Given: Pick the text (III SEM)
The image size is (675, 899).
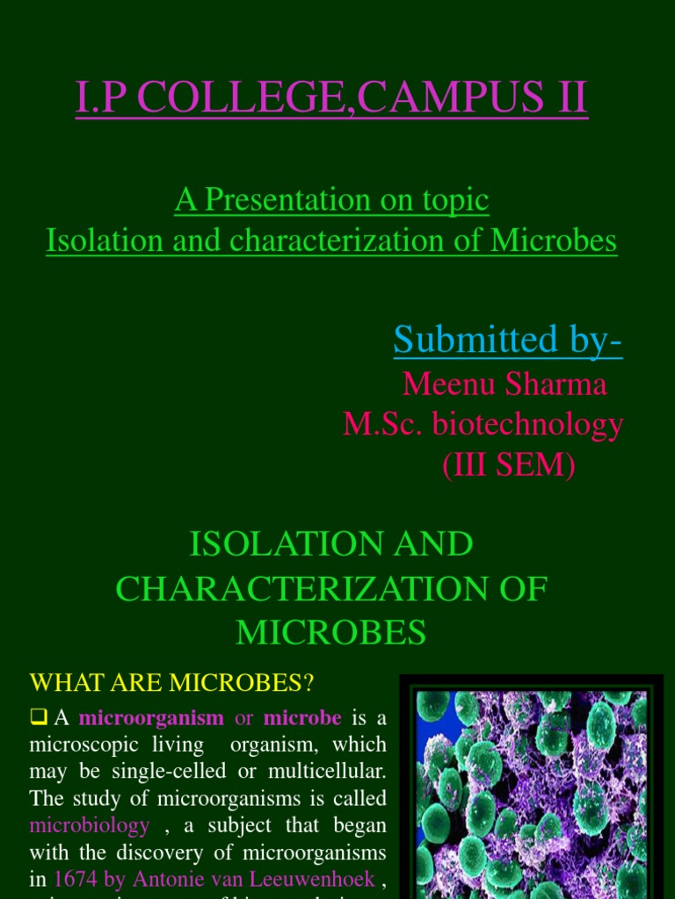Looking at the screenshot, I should [508, 466].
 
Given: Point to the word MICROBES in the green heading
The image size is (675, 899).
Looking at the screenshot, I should [331, 632].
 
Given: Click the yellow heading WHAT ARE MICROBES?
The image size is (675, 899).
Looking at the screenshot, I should [172, 681].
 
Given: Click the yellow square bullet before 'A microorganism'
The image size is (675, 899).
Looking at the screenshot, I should [38, 717].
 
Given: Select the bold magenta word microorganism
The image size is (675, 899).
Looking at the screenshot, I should [151, 718].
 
